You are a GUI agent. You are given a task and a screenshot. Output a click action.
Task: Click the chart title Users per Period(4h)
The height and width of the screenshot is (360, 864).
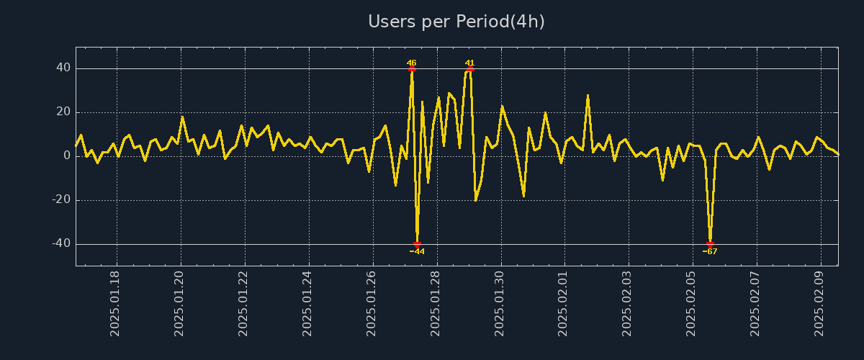(456, 22)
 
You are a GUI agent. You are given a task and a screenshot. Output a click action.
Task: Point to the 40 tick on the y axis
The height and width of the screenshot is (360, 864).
(63, 68)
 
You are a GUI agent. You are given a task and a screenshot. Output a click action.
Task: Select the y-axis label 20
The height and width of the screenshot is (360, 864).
(63, 112)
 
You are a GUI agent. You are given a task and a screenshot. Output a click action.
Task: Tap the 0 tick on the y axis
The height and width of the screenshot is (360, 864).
(67, 156)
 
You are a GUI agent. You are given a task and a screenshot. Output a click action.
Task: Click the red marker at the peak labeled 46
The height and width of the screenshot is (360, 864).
(412, 68)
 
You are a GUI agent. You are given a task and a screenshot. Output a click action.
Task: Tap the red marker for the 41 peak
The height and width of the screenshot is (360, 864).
(470, 68)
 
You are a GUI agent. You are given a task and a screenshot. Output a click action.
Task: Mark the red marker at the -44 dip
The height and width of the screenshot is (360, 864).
(417, 245)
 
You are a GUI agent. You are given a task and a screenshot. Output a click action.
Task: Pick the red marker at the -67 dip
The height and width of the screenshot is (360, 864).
(710, 245)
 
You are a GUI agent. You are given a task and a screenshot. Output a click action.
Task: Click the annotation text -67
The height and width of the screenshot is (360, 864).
(710, 252)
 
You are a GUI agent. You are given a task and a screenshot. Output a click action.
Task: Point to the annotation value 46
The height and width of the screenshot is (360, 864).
(412, 63)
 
